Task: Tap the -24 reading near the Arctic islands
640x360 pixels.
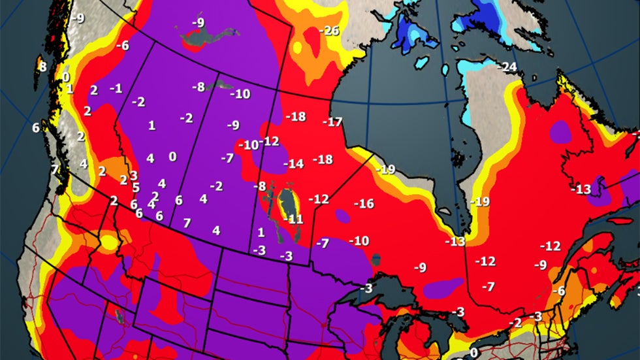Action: [507, 67]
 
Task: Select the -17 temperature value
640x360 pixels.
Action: [332, 122]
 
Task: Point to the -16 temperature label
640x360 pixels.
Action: [364, 204]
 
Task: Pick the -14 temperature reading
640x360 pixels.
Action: [293, 163]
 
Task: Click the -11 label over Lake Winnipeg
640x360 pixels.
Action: [295, 219]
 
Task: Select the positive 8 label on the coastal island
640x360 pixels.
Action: [42, 67]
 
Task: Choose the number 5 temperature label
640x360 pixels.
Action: [136, 188]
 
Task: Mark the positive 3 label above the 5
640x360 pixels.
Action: [133, 175]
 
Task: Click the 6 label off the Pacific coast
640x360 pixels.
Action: [36, 127]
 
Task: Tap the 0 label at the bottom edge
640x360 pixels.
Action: [473, 353]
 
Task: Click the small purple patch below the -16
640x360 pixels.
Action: [342, 215]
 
